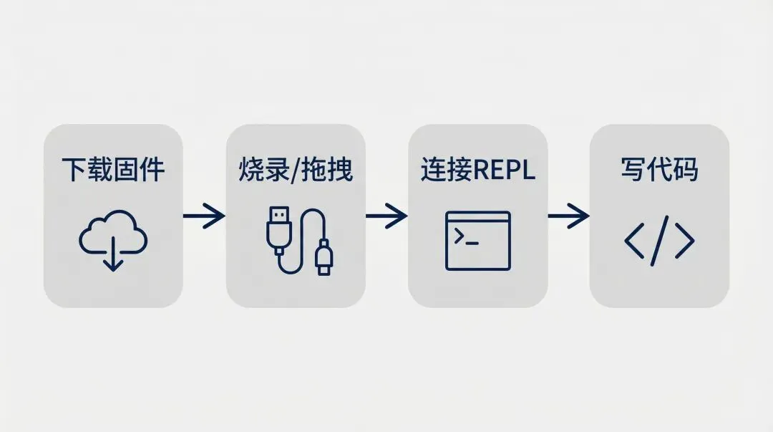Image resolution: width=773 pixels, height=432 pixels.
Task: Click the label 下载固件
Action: point(113,171)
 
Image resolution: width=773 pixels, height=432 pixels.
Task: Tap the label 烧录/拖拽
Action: point(295,171)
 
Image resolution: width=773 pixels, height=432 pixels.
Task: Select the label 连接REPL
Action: point(477,171)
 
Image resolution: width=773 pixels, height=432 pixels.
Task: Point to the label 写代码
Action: point(659,171)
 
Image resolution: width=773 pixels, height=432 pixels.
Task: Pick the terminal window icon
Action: point(477,240)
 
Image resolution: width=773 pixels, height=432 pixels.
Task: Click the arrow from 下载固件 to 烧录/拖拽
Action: point(204,216)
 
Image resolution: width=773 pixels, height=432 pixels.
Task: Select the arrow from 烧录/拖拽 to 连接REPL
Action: point(386,216)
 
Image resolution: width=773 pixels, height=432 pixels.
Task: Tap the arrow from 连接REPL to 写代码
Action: point(568,216)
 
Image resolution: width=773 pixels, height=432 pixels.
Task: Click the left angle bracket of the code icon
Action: point(636,241)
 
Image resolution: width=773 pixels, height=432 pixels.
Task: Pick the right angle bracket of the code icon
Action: point(684,241)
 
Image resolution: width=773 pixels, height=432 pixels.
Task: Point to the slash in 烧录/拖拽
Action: point(295,171)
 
